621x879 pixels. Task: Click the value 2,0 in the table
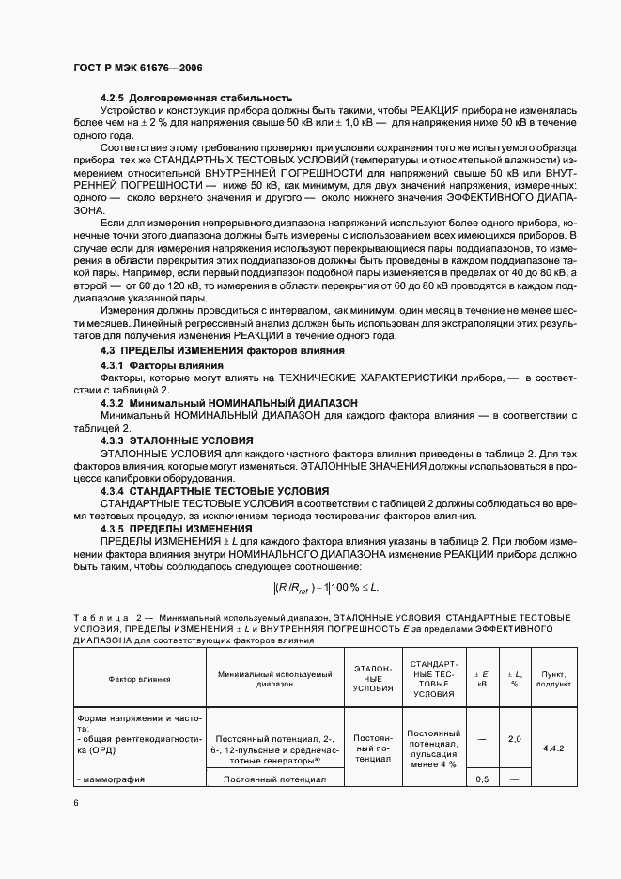514,714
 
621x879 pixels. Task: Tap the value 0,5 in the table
482,753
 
